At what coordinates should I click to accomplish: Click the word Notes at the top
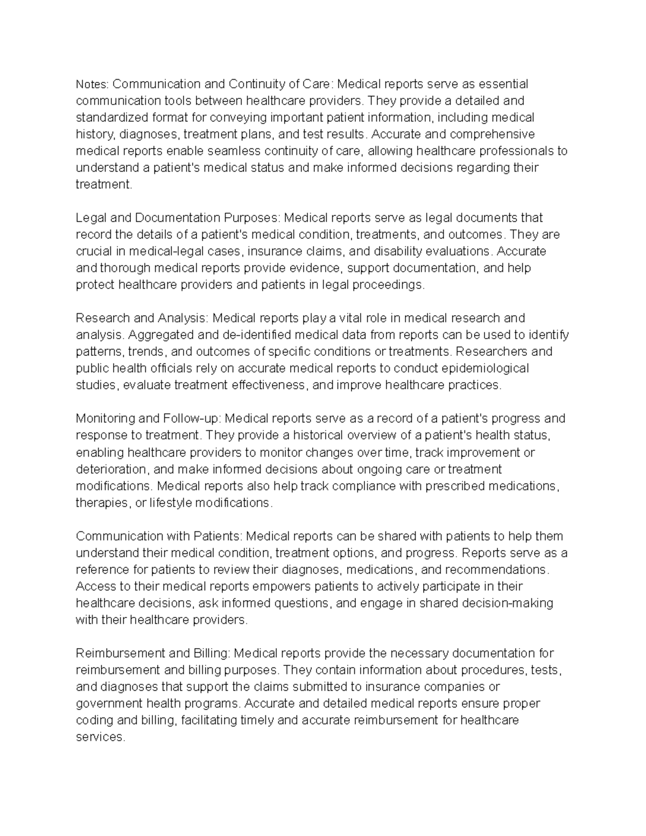(92, 85)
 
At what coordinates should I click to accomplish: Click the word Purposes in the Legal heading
(252, 218)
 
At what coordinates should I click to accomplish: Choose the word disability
(397, 251)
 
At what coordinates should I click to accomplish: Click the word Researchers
(492, 352)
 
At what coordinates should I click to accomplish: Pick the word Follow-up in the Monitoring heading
(191, 419)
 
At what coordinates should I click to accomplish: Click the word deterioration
(110, 469)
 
